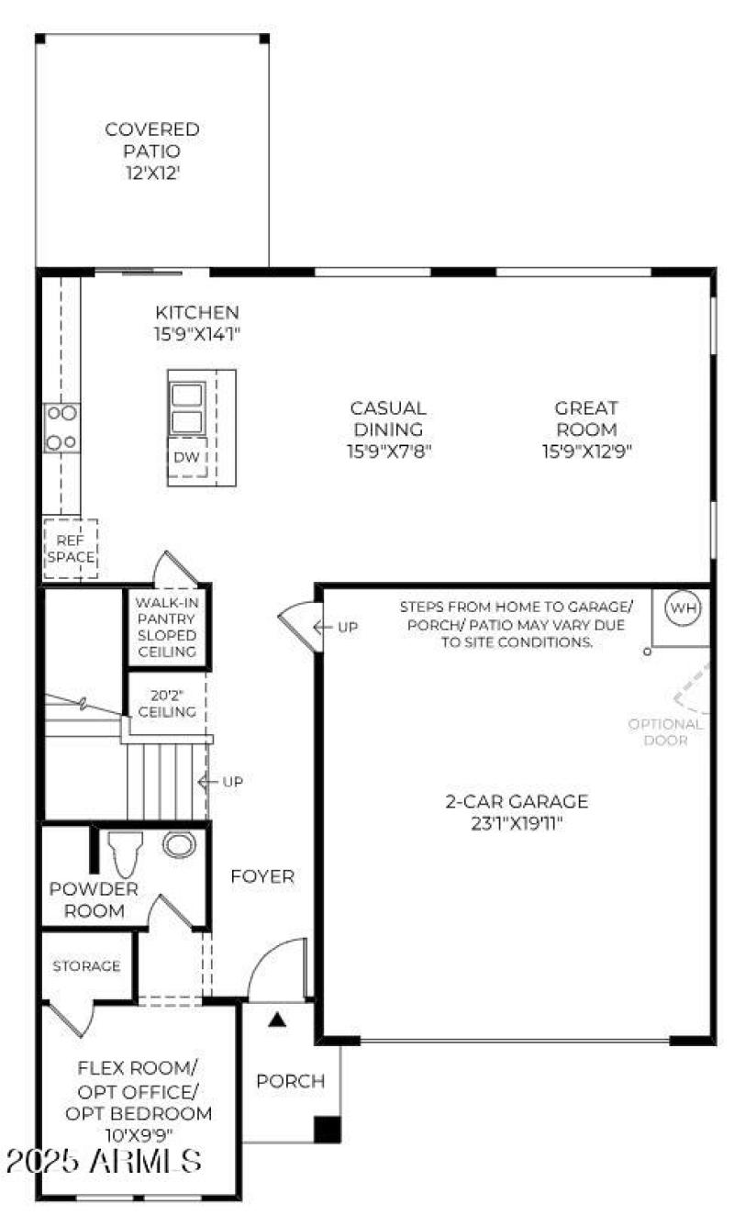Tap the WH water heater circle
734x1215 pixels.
tap(682, 607)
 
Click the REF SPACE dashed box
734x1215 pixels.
tap(71, 549)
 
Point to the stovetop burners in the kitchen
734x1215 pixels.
tap(62, 428)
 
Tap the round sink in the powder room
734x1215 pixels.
tap(179, 844)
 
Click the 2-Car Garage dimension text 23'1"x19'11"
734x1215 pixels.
tap(517, 823)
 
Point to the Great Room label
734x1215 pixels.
tap(586, 418)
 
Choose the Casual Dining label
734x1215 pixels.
tap(388, 418)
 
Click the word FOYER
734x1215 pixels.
tap(262, 876)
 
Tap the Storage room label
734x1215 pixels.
tap(86, 966)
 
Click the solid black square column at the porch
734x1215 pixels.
tap(327, 1129)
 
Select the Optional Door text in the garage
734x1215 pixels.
tap(666, 731)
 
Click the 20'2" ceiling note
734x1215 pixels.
tap(166, 703)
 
